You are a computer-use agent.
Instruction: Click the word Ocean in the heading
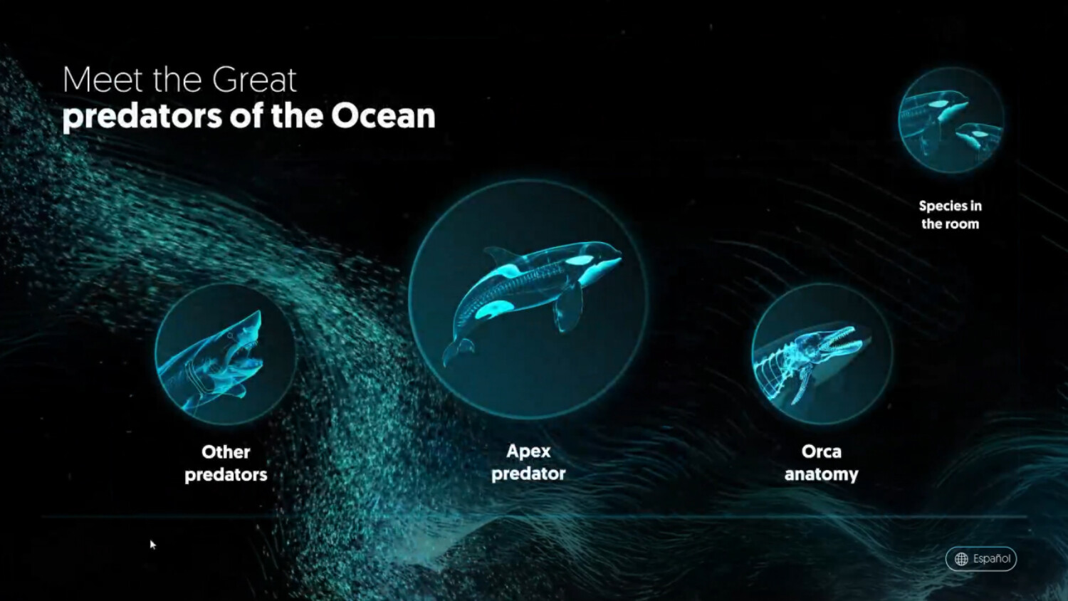(383, 116)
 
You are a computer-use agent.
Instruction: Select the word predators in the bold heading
(142, 116)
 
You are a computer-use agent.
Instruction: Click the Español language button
(981, 558)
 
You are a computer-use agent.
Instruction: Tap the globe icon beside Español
(962, 559)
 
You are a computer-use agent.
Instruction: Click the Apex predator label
(528, 462)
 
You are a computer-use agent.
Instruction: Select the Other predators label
(226, 463)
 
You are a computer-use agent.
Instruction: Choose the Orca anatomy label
(822, 463)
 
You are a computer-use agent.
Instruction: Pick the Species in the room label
(951, 214)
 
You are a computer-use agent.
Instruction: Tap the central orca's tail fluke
(457, 350)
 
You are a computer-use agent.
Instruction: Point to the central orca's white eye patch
(581, 260)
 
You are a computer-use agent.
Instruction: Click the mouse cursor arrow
(152, 545)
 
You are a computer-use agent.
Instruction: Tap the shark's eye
(231, 336)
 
